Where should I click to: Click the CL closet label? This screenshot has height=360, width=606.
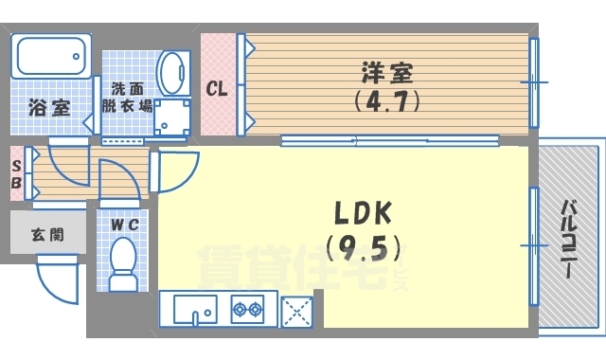coord(217,90)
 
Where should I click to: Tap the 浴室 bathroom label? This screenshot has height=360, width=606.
coord(47,106)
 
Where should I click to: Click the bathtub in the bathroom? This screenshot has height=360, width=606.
coord(51,60)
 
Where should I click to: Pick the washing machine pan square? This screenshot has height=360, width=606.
coord(173,117)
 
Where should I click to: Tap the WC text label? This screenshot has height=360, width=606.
coord(124,225)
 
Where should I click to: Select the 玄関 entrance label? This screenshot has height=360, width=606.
coord(46,234)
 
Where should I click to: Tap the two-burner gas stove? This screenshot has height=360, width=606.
coord(248,309)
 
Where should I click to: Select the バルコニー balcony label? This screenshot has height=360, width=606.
coord(569,237)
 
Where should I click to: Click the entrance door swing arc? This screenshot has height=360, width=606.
coord(57,279)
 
